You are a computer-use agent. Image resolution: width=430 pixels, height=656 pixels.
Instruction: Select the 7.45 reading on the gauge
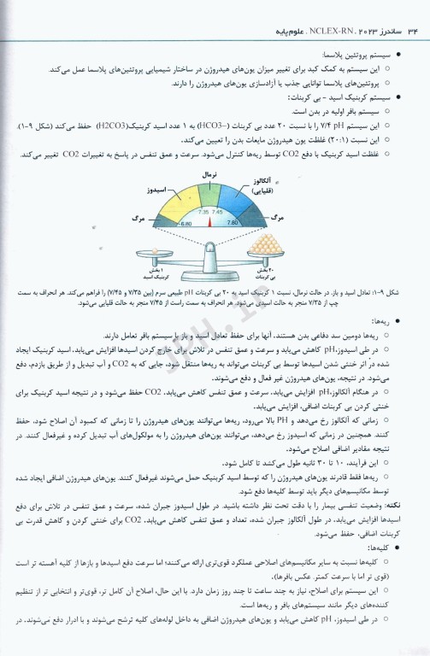(217, 211)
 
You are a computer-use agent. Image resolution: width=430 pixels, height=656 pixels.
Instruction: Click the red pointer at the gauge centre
(209, 222)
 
